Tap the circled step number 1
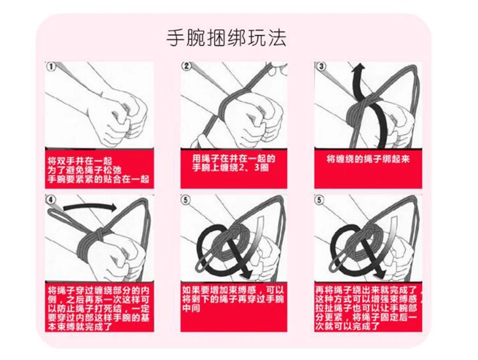coord(50,67)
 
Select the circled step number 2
coord(187,66)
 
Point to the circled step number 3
coord(321,66)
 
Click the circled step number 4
coord(50,200)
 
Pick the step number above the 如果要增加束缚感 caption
coord(186,200)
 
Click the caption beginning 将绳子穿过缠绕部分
coord(99,306)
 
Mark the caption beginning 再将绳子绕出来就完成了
coord(368,306)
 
